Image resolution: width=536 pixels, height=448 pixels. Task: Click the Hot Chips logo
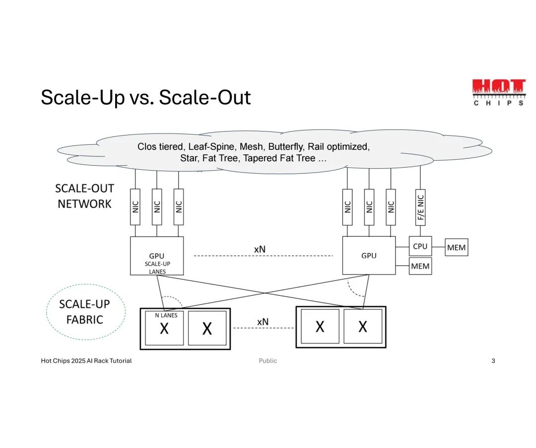[x=498, y=92]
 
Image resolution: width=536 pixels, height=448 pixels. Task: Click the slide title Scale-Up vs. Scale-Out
[x=145, y=97]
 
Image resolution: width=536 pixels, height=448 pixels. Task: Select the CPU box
[x=420, y=247]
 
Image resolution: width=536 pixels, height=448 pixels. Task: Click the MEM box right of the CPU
[x=456, y=247]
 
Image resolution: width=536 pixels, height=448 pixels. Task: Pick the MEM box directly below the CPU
[x=420, y=266]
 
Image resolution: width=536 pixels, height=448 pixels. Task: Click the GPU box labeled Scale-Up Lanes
[x=157, y=256]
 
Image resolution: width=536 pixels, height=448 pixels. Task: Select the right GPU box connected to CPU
[x=369, y=256]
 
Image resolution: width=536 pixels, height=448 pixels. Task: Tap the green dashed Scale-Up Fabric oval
[x=85, y=312]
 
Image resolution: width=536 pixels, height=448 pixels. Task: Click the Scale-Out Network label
[x=84, y=196]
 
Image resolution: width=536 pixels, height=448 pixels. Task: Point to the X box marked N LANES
[x=164, y=328]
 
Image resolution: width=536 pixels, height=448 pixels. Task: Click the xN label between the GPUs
[x=260, y=249]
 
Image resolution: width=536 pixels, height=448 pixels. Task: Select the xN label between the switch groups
[x=263, y=321]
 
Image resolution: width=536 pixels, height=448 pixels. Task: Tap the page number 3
[x=493, y=361]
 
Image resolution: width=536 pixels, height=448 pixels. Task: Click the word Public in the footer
[x=268, y=361]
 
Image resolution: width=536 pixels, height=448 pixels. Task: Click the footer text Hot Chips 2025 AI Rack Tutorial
[x=86, y=361]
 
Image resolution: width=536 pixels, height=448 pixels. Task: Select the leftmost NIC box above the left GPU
[x=135, y=206]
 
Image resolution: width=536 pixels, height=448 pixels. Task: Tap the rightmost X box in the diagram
[x=363, y=326]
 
